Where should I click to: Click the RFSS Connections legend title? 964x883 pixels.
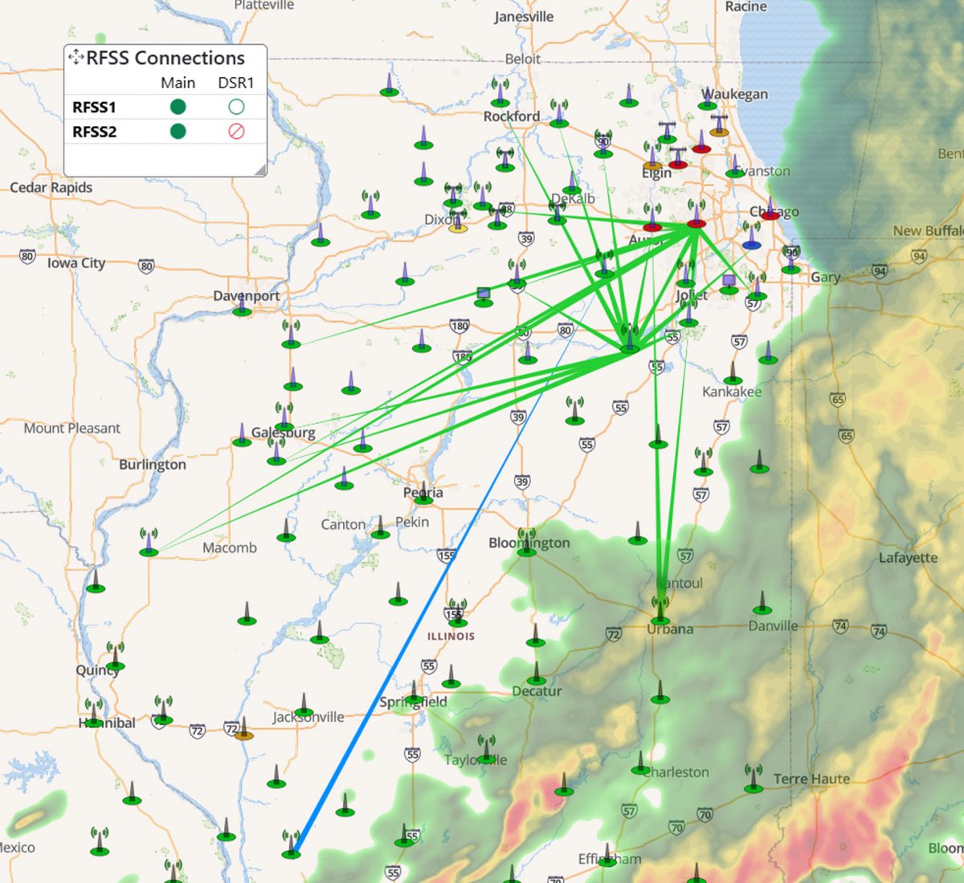[x=165, y=58]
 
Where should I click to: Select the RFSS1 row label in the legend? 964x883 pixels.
[x=94, y=107]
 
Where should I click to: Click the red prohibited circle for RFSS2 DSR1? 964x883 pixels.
[x=236, y=132]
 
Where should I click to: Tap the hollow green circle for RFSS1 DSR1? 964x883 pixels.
[x=236, y=107]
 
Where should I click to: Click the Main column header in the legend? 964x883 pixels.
[x=178, y=83]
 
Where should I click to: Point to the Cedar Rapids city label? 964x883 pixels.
[x=51, y=187]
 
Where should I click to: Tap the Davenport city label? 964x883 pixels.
[x=246, y=295]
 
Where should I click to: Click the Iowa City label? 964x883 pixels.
[x=76, y=262]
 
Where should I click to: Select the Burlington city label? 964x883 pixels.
[x=153, y=464]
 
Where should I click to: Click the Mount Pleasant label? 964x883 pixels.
[x=71, y=428]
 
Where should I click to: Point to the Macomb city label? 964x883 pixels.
[x=230, y=547]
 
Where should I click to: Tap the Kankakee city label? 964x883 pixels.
[x=732, y=392]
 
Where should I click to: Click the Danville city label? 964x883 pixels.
[x=773, y=626]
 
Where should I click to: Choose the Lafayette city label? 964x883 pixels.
[x=908, y=557]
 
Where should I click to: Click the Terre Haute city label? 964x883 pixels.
[x=811, y=779]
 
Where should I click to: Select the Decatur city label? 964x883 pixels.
[x=537, y=691]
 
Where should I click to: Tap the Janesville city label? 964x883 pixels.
[x=524, y=17]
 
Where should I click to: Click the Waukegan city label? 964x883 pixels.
[x=735, y=94]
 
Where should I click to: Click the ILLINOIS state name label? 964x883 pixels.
[x=451, y=636]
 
